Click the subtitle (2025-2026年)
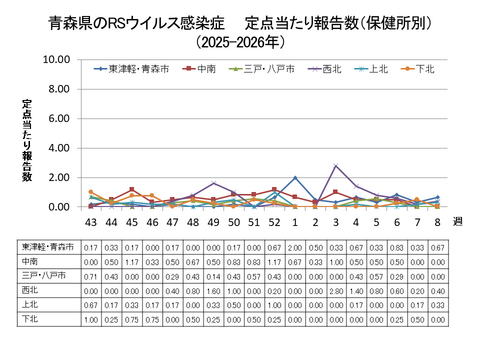[x=240, y=44]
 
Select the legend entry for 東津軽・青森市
[x=135, y=69]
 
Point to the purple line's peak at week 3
[x=336, y=166]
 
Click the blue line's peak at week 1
[x=295, y=178]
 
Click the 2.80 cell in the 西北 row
[x=336, y=290]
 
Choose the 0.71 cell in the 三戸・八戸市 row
[x=91, y=276]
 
